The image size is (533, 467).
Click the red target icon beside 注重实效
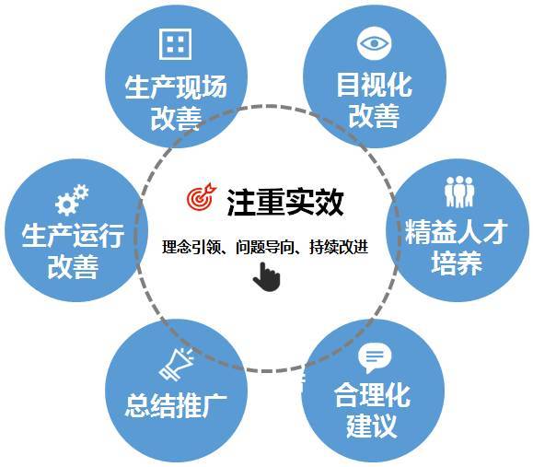pyautogui.click(x=202, y=196)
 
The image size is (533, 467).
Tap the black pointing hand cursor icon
pyautogui.click(x=267, y=277)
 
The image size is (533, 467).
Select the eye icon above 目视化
pyautogui.click(x=374, y=43)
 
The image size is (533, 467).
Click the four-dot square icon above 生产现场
pyautogui.click(x=176, y=44)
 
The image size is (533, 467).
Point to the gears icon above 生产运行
pyautogui.click(x=72, y=200)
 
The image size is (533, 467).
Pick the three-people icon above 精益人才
pyautogui.click(x=459, y=192)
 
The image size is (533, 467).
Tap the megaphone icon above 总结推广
pyautogui.click(x=177, y=364)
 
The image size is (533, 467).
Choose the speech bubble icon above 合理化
pyautogui.click(x=375, y=358)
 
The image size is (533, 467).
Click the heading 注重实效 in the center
pyautogui.click(x=284, y=202)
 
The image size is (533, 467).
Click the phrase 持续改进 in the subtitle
pyautogui.click(x=339, y=247)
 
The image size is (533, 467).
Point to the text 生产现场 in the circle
pyautogui.click(x=176, y=88)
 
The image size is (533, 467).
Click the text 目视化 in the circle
pyautogui.click(x=374, y=85)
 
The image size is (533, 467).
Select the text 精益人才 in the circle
pyautogui.click(x=457, y=231)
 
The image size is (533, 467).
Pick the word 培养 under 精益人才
pyautogui.click(x=457, y=263)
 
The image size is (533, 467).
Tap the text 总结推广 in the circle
pyautogui.click(x=176, y=406)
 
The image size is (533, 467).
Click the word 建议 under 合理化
pyautogui.click(x=372, y=426)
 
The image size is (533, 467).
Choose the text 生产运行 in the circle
pyautogui.click(x=73, y=236)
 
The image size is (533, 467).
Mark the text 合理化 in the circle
pyautogui.click(x=372, y=395)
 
